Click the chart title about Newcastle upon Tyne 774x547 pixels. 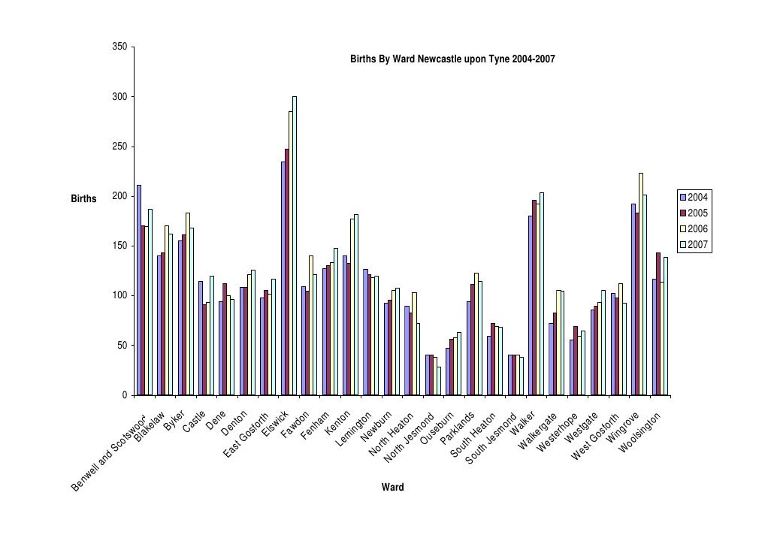452,59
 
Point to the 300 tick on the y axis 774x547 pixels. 119,97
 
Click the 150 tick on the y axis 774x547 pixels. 119,246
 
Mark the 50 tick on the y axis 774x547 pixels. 121,346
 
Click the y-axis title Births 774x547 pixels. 83,199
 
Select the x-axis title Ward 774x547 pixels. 392,487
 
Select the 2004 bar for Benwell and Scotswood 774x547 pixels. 139,290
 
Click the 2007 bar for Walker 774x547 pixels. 542,294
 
